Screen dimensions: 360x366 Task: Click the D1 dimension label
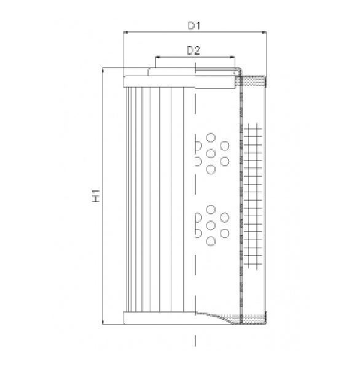(194, 25)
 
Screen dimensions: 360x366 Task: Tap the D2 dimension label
(194, 50)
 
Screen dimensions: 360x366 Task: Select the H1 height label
(96, 196)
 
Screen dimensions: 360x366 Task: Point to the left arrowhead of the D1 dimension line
(125, 32)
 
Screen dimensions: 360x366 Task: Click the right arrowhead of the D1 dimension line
(265, 32)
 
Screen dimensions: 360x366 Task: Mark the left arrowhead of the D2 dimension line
(157, 56)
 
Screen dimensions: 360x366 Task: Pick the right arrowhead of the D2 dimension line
(233, 56)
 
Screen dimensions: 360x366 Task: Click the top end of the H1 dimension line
(103, 68)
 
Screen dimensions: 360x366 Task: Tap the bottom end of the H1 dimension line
(103, 324)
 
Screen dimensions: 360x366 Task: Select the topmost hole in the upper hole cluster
(211, 138)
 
